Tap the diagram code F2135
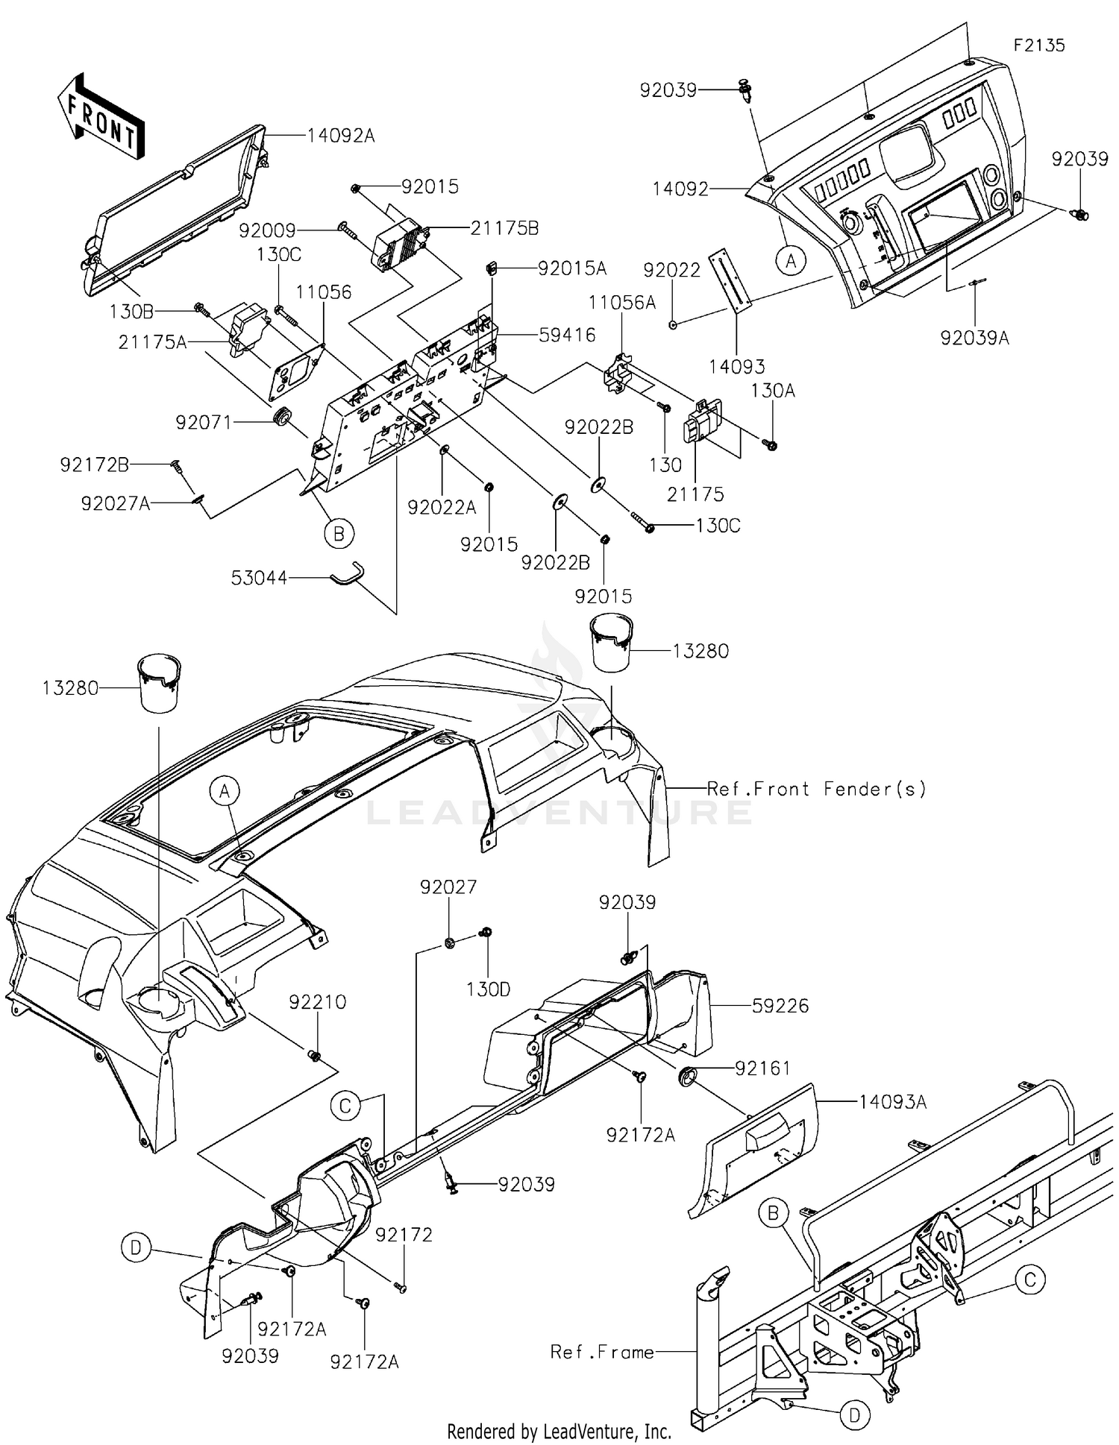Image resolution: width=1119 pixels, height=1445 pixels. (x=1039, y=45)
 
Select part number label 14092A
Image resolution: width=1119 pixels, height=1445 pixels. (x=341, y=136)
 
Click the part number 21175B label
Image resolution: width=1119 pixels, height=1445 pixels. (x=504, y=228)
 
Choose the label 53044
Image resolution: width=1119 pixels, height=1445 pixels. (x=259, y=578)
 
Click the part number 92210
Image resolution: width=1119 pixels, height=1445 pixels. (x=318, y=1002)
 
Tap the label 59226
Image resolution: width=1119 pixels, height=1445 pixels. (x=780, y=1006)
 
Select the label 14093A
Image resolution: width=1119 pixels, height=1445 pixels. (x=892, y=1101)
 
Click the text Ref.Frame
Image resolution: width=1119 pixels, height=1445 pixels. (x=602, y=1352)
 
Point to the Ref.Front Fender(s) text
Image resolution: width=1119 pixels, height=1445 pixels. (x=817, y=788)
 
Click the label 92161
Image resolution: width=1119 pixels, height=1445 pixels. (x=763, y=1068)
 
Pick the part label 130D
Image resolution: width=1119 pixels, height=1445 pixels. (x=488, y=989)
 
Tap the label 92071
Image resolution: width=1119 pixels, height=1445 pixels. (x=204, y=423)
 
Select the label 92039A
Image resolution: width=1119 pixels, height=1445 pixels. (x=974, y=338)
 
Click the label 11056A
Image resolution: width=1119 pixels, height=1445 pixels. (x=622, y=302)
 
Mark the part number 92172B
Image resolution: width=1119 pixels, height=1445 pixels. (x=95, y=465)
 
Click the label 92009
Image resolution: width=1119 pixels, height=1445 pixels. (x=267, y=231)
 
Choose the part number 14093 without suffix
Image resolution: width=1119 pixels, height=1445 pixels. (x=736, y=366)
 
